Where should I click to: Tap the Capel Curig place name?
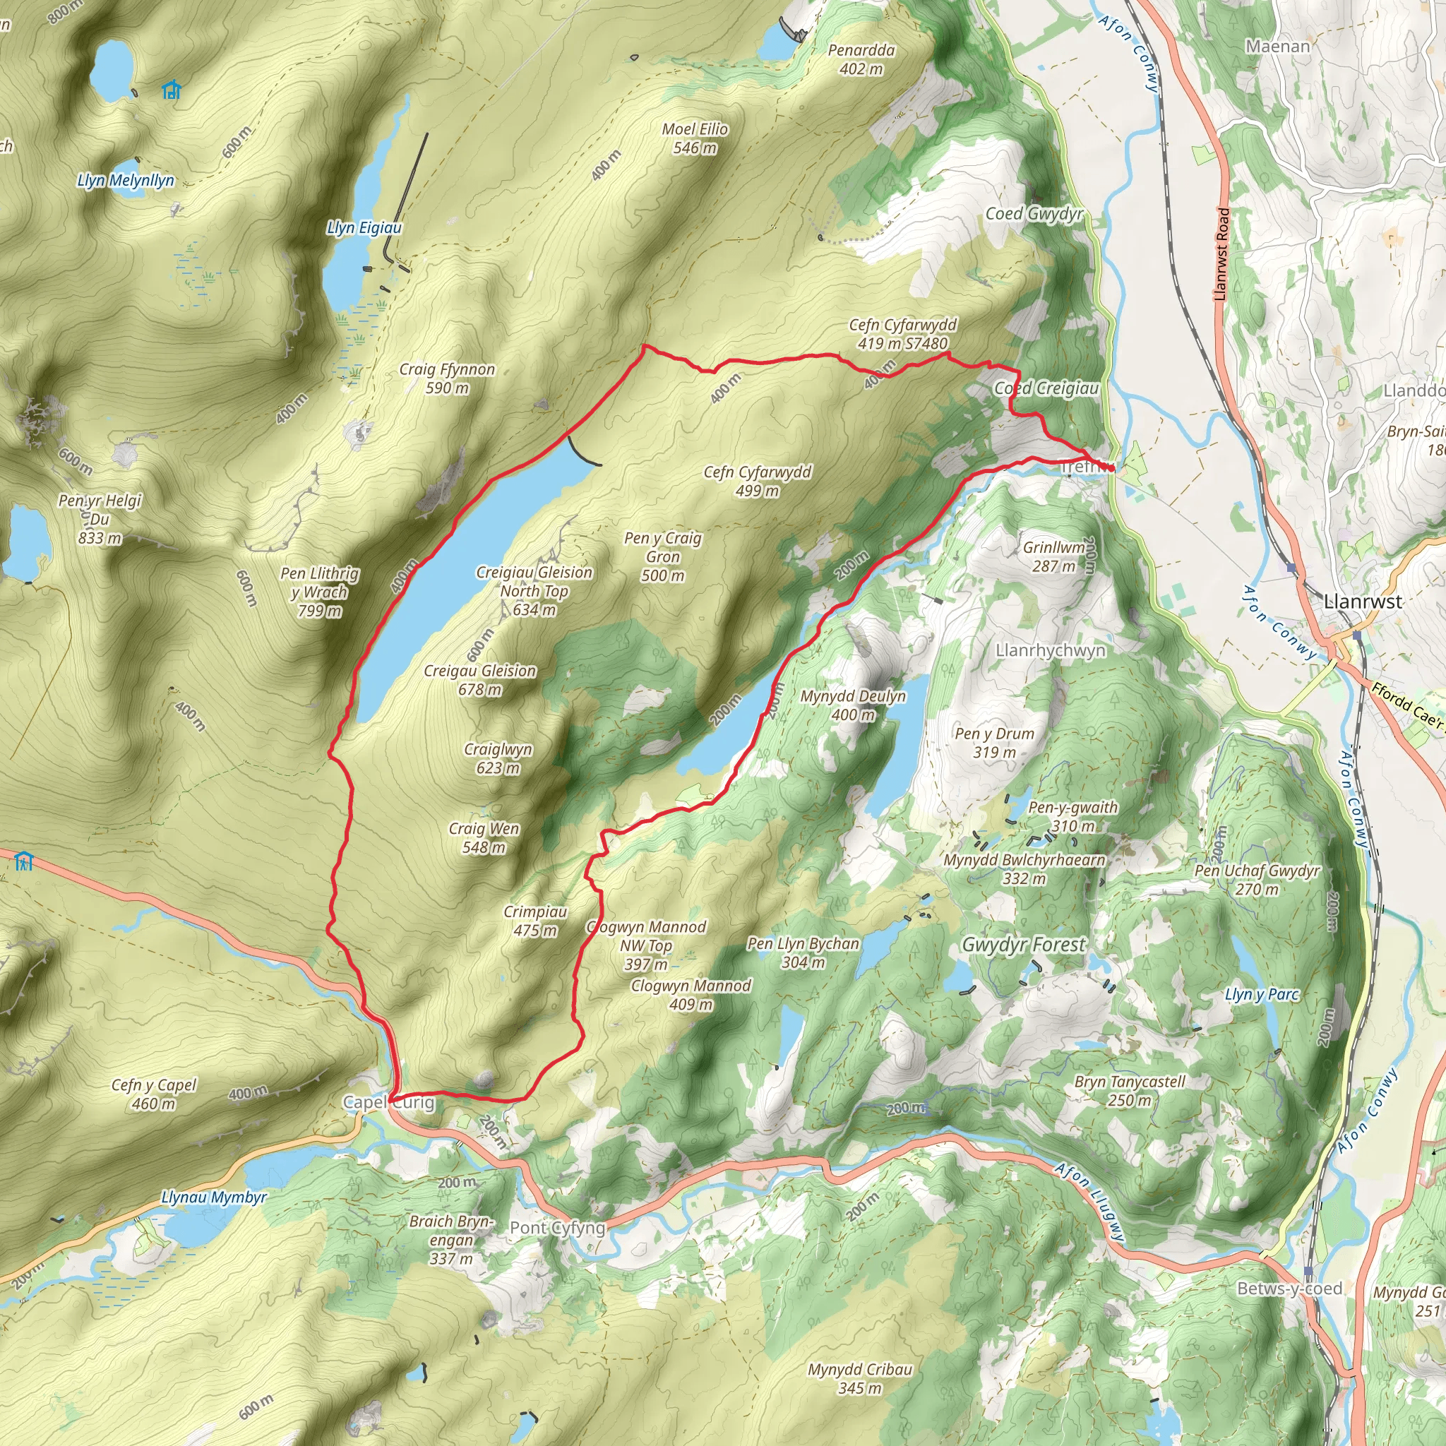(388, 1102)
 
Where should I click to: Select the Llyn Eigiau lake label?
(364, 227)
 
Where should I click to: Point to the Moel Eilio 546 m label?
(695, 138)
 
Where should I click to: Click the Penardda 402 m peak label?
(861, 60)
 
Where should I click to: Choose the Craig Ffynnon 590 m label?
(447, 378)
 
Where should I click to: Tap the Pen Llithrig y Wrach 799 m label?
(320, 592)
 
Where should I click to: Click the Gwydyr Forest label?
(1023, 945)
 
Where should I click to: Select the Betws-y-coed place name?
(1289, 1289)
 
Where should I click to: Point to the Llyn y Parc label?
(1262, 995)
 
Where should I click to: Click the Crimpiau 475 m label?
(534, 921)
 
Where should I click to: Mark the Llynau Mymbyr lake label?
(214, 1197)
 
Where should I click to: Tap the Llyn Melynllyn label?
(126, 180)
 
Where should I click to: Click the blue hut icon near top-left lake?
(172, 90)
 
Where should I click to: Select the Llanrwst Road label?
(1221, 254)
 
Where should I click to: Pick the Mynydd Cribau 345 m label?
(859, 1379)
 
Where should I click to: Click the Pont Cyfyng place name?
(557, 1229)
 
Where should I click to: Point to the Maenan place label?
(1277, 47)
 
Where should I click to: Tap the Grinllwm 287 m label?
(1054, 557)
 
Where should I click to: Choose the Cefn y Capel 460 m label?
(153, 1094)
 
